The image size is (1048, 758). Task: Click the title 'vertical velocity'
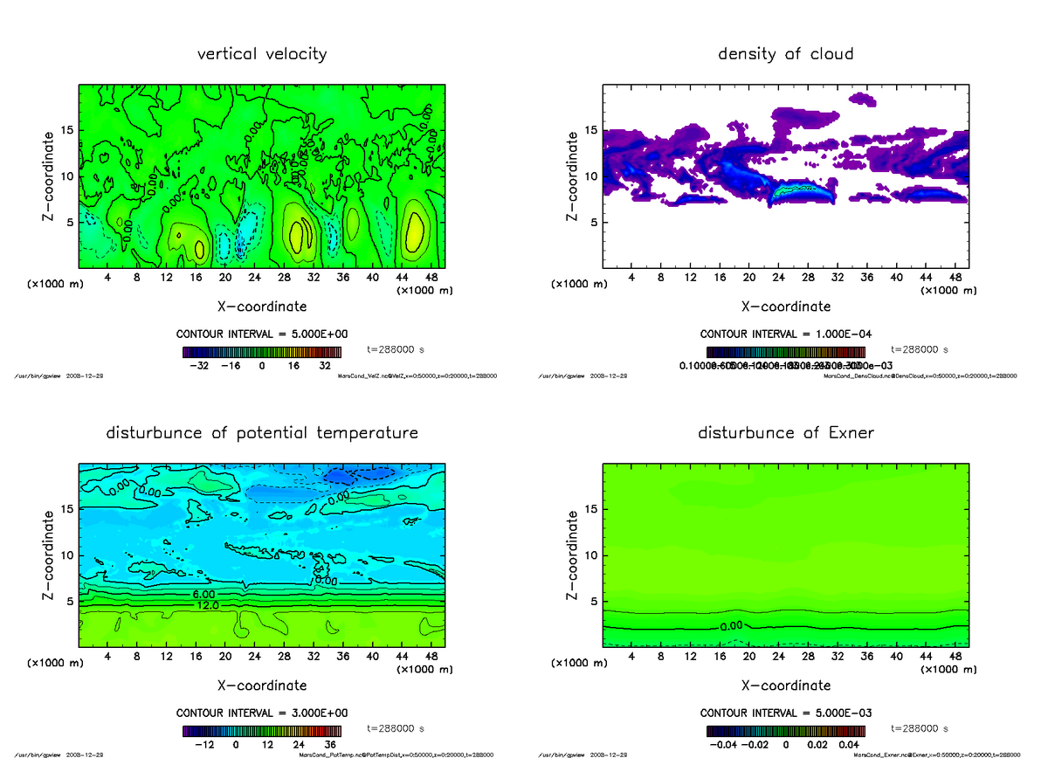coord(262,54)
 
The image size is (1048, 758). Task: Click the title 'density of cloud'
coord(785,54)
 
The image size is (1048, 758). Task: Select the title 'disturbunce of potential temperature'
coord(262,433)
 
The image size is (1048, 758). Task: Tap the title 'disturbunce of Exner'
coord(785,433)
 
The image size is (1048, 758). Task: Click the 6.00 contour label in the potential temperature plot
coord(195,594)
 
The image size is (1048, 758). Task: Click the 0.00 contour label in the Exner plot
coord(732,626)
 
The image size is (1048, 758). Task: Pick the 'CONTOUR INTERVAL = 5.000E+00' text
coord(262,334)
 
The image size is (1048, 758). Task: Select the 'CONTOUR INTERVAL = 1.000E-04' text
coord(785,334)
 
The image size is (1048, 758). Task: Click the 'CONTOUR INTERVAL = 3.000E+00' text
coord(262,713)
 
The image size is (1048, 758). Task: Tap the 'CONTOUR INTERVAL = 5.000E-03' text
coord(785,713)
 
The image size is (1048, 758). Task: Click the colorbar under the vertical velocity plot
coord(262,352)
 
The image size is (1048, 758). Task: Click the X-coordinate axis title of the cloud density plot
coord(785,307)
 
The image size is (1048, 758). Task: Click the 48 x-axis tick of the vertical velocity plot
coord(431,278)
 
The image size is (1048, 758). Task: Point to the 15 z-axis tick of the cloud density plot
coord(590,130)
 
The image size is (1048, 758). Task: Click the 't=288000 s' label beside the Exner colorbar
coord(920,728)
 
